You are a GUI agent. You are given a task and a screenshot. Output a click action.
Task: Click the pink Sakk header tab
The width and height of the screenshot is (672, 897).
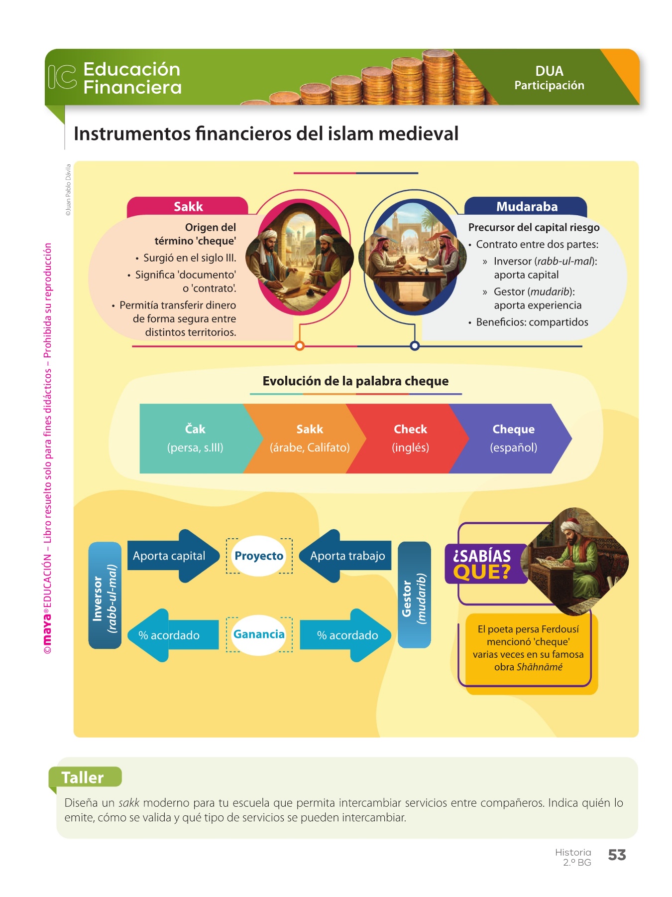(x=188, y=206)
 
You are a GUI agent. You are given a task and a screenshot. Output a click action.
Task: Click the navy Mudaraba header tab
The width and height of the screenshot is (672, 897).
(x=526, y=206)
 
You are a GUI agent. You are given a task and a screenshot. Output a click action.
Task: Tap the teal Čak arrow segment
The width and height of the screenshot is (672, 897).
(x=195, y=438)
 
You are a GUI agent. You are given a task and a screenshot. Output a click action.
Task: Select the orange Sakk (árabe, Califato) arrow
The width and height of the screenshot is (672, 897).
(x=309, y=438)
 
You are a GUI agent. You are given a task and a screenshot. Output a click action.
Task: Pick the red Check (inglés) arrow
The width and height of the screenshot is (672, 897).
(x=410, y=438)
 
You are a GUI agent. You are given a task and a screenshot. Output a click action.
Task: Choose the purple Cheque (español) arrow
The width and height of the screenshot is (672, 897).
(x=513, y=438)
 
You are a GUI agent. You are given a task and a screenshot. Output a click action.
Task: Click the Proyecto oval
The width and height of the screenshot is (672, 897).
(x=259, y=556)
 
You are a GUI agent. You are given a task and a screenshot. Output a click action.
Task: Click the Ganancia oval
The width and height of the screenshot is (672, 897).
(x=259, y=634)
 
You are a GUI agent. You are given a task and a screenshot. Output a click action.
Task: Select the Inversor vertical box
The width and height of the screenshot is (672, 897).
(x=105, y=595)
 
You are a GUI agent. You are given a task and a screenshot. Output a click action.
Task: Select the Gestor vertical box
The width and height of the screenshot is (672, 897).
(x=414, y=595)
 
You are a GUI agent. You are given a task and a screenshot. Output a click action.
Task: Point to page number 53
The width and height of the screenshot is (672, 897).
(x=617, y=855)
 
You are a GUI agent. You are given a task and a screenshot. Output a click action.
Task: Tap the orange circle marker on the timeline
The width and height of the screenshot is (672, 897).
(x=300, y=346)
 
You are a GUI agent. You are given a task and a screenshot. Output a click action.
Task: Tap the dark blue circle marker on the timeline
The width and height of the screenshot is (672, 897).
(x=415, y=346)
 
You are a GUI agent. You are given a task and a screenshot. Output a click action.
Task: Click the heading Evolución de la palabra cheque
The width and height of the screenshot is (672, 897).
(x=355, y=381)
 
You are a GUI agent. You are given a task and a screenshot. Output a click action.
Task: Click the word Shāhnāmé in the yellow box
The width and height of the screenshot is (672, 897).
(x=539, y=667)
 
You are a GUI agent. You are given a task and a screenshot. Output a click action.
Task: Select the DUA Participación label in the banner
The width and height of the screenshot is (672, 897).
(x=549, y=78)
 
